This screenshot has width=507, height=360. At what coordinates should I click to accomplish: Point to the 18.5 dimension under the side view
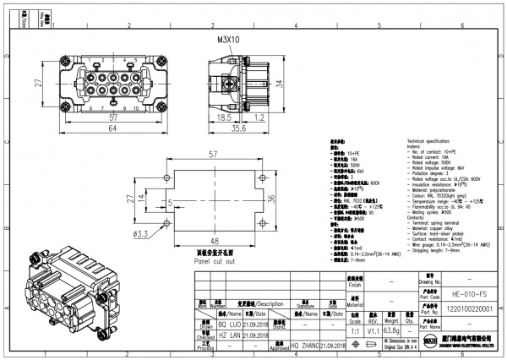coord(225,118)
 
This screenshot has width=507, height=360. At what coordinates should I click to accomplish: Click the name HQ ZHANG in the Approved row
coord(307,346)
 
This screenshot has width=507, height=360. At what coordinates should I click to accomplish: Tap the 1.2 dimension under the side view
coord(261,118)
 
